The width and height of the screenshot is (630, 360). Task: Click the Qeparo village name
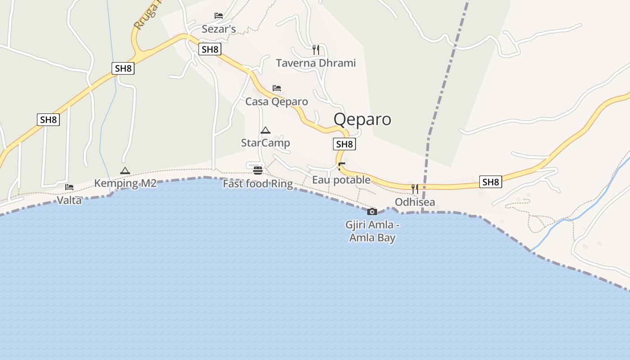tap(362, 119)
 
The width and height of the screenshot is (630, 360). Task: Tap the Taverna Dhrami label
tap(315, 63)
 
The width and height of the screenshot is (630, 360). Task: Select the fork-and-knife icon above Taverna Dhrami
tap(315, 49)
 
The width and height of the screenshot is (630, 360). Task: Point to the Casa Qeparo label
tap(276, 102)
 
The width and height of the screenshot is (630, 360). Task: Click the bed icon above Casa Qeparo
tap(277, 88)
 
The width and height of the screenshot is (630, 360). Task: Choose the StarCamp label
tap(265, 143)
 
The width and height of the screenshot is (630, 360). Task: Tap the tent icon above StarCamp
tap(265, 130)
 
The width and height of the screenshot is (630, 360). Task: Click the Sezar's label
tap(219, 30)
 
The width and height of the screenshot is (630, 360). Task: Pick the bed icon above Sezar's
tap(219, 16)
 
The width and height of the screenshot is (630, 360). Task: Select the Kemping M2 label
tap(125, 184)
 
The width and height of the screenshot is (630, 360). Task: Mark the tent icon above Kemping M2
tap(125, 171)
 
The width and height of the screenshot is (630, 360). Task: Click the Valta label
tap(69, 200)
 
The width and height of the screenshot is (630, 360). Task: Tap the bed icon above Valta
tap(69, 187)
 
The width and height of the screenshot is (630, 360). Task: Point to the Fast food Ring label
tap(258, 184)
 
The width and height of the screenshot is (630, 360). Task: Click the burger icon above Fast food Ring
tap(258, 170)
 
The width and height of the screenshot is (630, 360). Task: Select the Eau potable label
tap(342, 180)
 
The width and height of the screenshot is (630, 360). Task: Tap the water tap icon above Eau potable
tap(342, 166)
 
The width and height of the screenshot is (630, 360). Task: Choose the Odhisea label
tap(415, 202)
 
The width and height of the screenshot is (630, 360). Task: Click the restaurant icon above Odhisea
tap(415, 189)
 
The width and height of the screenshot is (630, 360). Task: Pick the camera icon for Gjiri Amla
tap(372, 211)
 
